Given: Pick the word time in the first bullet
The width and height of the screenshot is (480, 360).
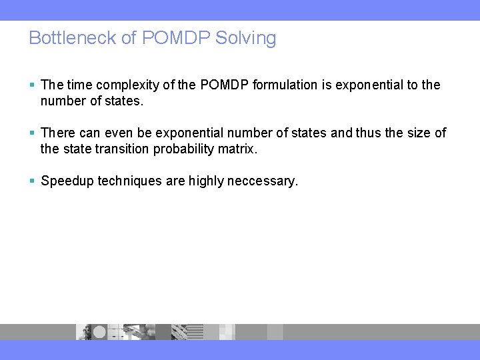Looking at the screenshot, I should click(80, 85).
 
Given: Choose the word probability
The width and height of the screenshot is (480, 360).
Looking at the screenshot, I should click(181, 149).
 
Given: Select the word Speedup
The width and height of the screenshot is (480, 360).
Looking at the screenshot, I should click(67, 181).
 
